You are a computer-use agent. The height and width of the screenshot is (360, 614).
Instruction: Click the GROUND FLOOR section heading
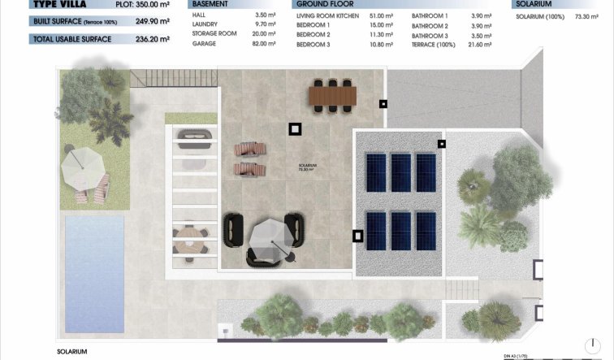(x=324, y=4)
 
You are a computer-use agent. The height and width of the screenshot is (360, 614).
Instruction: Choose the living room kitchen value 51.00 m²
(x=381, y=15)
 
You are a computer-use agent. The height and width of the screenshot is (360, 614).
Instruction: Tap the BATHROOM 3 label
(x=430, y=36)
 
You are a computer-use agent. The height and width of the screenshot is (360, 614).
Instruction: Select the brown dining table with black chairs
(x=332, y=95)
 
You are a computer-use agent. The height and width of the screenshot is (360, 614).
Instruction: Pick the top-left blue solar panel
(x=377, y=171)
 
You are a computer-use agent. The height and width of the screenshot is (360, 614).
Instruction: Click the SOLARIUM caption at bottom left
(x=71, y=351)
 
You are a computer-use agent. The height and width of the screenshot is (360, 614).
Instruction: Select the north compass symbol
(x=592, y=347)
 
